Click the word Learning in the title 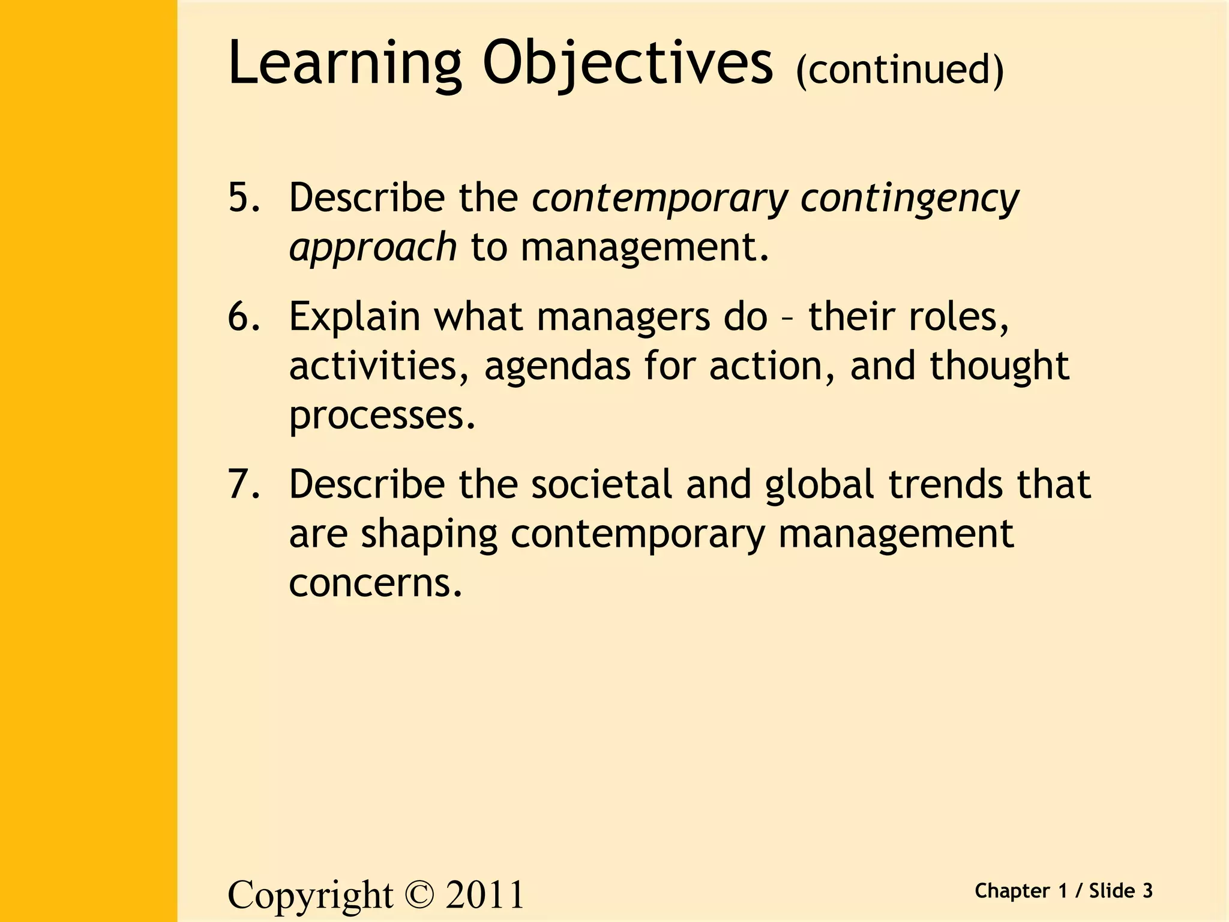pos(344,63)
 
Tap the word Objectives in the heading pos(628,63)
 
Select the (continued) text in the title pos(900,70)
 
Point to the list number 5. pos(243,197)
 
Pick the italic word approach pos(373,247)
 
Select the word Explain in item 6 pos(355,317)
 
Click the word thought pos(999,366)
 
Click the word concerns pos(375,583)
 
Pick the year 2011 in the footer pos(485,895)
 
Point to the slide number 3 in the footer pos(1147,891)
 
